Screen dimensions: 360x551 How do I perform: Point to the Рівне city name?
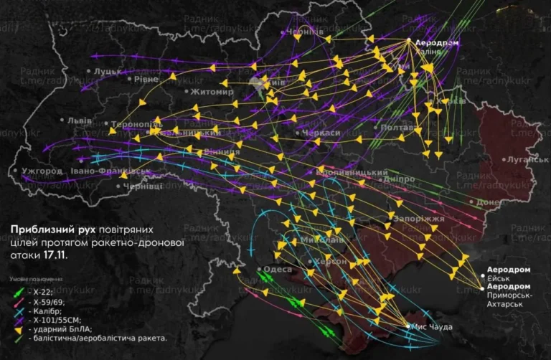pyautogui.click(x=147, y=79)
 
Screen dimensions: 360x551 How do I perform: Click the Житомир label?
pyautogui.click(x=211, y=92)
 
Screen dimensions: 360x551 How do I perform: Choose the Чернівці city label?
pyautogui.click(x=143, y=186)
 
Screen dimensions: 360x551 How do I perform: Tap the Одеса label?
pyautogui.click(x=278, y=270)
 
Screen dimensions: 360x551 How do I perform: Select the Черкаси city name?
pyautogui.click(x=321, y=133)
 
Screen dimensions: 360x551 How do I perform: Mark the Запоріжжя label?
pyautogui.click(x=419, y=219)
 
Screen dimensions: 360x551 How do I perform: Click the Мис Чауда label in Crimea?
pyautogui.click(x=434, y=327)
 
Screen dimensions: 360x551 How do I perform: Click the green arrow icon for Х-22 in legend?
pyautogui.click(x=18, y=292)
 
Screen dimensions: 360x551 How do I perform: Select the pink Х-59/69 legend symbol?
pyautogui.click(x=18, y=303)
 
